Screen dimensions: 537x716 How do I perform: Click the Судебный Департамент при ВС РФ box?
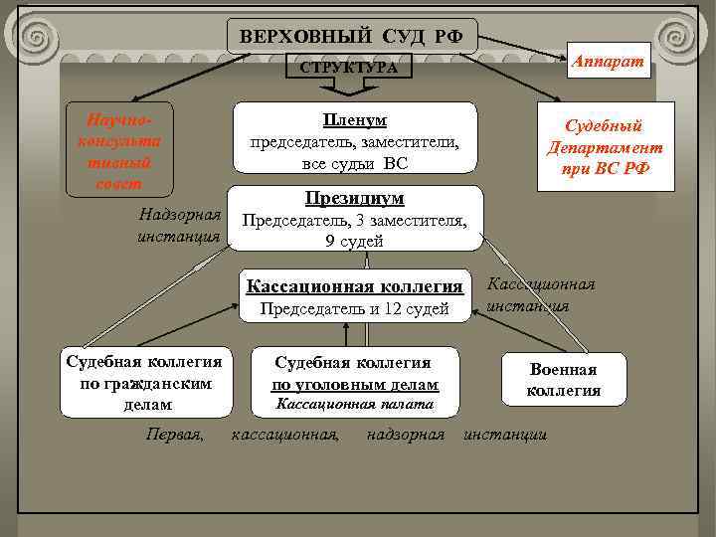pyautogui.click(x=605, y=147)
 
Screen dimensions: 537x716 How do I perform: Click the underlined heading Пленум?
pyautogui.click(x=354, y=120)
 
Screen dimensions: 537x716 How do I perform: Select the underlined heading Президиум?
pyautogui.click(x=355, y=198)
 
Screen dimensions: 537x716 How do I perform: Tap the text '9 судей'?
pyautogui.click(x=355, y=241)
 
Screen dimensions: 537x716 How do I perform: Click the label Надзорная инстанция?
pyautogui.click(x=180, y=227)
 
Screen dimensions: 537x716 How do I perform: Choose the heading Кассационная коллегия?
pyautogui.click(x=355, y=286)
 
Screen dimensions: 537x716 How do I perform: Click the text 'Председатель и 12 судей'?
pyautogui.click(x=355, y=309)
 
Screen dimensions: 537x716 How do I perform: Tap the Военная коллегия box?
pyautogui.click(x=564, y=379)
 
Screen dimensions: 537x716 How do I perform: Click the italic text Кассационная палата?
pyautogui.click(x=354, y=404)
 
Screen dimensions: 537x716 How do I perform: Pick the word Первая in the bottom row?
pyautogui.click(x=175, y=435)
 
